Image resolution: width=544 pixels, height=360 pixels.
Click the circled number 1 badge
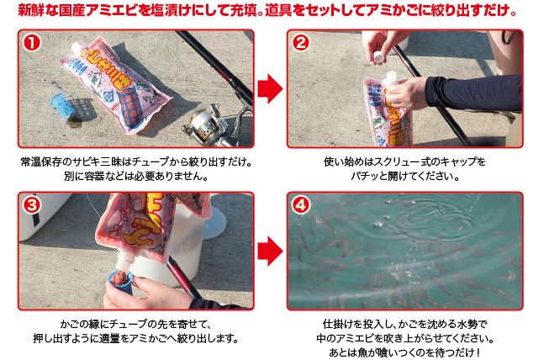click(x=32, y=42)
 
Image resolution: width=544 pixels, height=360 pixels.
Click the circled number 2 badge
click(x=300, y=42)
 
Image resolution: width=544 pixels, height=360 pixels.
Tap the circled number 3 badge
click(x=32, y=205)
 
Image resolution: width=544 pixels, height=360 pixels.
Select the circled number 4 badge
click(x=300, y=205)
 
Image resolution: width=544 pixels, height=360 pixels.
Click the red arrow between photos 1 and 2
click(x=270, y=88)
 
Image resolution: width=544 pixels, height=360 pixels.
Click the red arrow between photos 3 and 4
click(x=270, y=251)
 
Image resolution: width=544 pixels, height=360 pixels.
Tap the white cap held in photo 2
click(x=379, y=56)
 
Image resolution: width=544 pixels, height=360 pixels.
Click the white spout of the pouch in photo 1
click(x=77, y=48)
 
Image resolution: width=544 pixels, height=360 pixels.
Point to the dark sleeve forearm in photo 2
click(x=473, y=93)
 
